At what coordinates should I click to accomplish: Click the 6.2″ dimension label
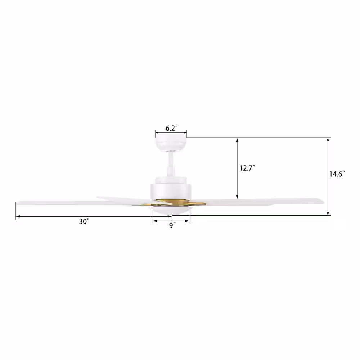[x=172, y=128]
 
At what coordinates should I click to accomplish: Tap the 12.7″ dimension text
[x=247, y=168]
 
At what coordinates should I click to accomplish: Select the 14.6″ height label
[x=337, y=174]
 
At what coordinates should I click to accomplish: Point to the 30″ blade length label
[x=84, y=221]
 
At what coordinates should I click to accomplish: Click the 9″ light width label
[x=172, y=225]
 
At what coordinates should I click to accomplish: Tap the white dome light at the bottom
[x=171, y=210]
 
